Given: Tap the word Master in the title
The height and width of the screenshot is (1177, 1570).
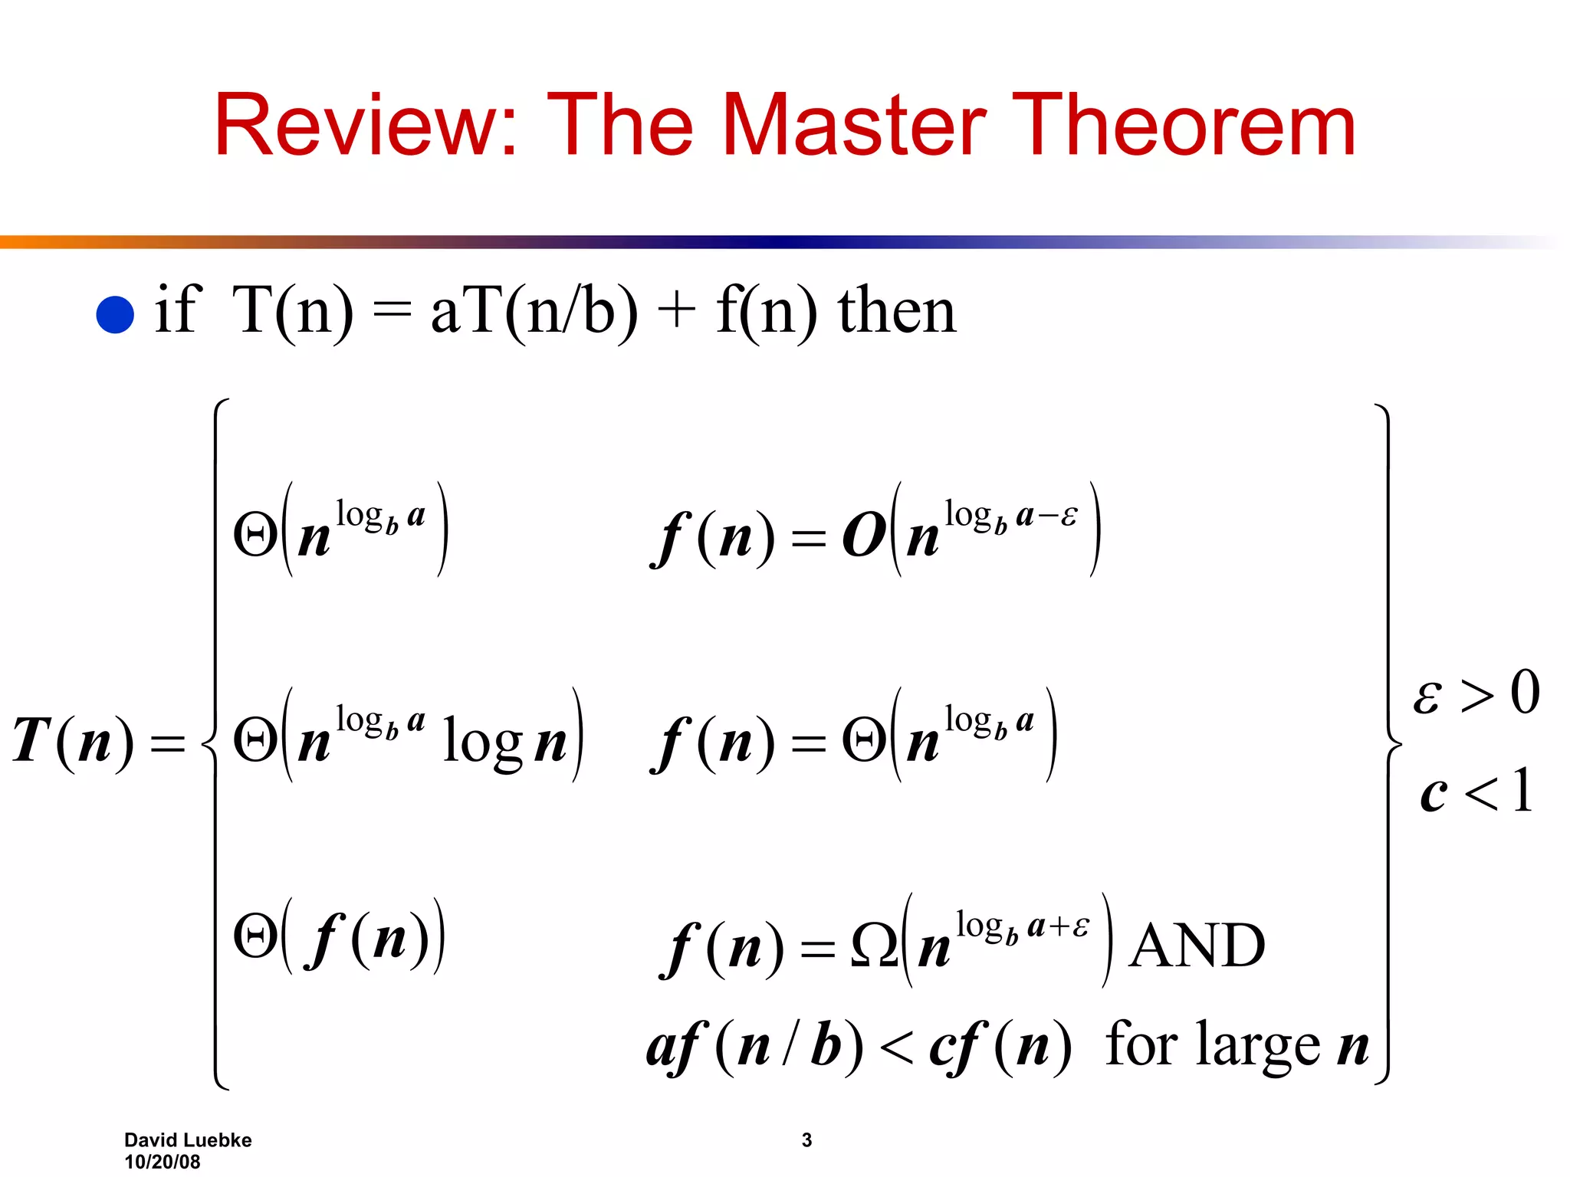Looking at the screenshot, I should [x=854, y=125].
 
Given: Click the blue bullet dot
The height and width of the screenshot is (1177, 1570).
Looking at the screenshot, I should [x=115, y=314].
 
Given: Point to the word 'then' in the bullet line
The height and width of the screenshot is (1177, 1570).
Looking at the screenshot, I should [x=897, y=311].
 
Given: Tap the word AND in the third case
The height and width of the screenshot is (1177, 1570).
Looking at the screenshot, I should [x=1197, y=946].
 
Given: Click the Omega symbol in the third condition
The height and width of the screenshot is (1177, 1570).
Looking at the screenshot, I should [x=874, y=946].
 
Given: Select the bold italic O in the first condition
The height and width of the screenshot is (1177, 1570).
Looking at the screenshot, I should [x=864, y=536].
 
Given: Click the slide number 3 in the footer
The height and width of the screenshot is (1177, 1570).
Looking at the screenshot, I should [x=806, y=1140].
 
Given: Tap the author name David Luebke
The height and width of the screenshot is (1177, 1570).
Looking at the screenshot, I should [x=188, y=1140].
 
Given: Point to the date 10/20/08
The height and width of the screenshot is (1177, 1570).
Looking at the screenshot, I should [x=163, y=1162].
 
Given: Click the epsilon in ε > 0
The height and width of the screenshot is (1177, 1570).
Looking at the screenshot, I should [x=1427, y=697].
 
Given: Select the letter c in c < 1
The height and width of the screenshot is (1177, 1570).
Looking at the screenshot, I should [x=1433, y=794].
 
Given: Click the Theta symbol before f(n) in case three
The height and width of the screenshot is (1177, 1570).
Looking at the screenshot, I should [x=255, y=936].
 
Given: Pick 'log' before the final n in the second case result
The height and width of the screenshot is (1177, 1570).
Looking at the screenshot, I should [x=482, y=742].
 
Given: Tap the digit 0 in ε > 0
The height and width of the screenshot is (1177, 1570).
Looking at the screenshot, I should [x=1525, y=692].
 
